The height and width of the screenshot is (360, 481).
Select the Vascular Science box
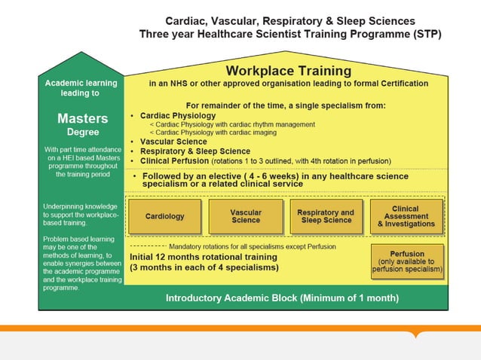(x=246, y=216)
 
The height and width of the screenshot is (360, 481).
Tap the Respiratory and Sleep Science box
(x=325, y=216)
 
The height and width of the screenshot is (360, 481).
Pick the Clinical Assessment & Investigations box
(x=406, y=216)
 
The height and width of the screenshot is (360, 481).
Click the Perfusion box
(x=407, y=261)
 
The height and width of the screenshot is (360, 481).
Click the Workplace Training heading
(x=288, y=71)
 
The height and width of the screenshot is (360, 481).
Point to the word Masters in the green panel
(x=82, y=118)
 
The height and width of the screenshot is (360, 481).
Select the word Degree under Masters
(x=82, y=132)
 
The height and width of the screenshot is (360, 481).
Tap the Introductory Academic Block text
(x=282, y=297)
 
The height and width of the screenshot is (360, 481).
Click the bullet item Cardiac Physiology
(x=178, y=115)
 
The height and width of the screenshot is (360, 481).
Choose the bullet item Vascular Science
(x=173, y=142)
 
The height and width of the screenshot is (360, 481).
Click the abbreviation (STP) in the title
(x=423, y=34)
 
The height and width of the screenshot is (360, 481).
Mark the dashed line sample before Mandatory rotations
(x=148, y=246)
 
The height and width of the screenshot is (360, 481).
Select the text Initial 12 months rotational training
(x=204, y=257)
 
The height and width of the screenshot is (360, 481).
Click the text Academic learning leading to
(x=82, y=88)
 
